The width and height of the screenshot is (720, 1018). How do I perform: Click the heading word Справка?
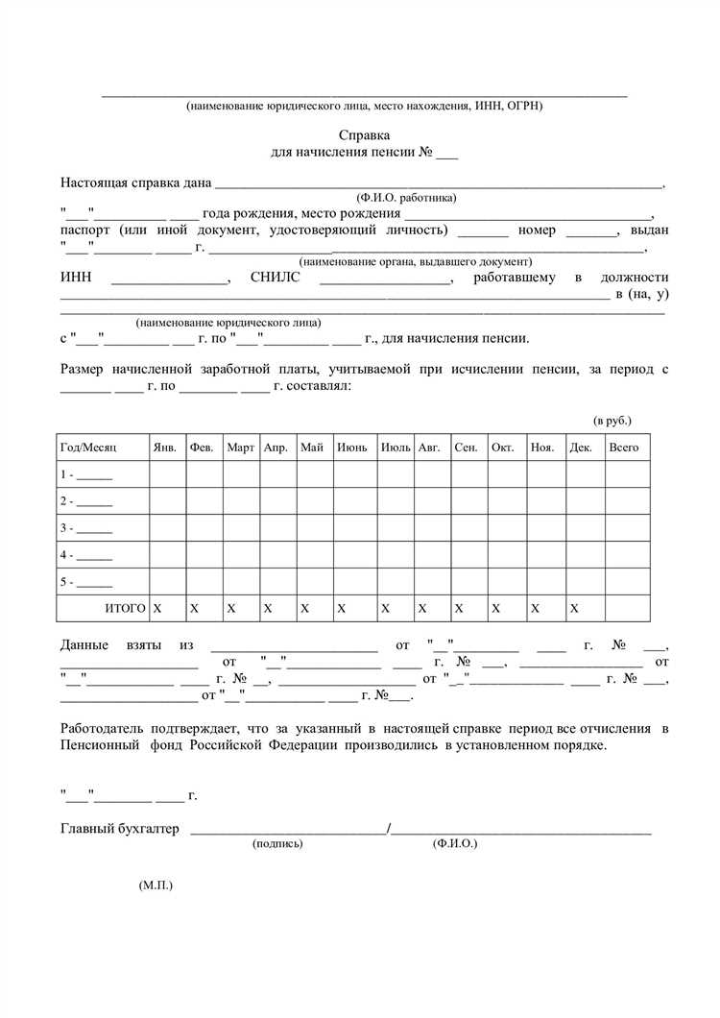pos(364,136)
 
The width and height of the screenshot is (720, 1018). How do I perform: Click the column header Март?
pos(240,448)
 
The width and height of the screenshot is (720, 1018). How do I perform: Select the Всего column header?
pos(623,448)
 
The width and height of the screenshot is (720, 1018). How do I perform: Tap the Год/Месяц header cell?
pos(87,448)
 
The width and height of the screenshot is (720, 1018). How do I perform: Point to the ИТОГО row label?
pos(125,609)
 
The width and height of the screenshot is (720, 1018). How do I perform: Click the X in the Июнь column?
pos(342,609)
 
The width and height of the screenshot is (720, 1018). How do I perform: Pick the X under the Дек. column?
pos(574,609)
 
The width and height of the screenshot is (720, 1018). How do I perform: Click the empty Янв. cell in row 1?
pos(167,474)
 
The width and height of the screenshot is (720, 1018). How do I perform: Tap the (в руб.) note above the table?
pos(612,421)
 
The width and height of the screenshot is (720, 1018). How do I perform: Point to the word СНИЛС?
pos(276,278)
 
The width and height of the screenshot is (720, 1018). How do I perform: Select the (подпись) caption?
pos(277,843)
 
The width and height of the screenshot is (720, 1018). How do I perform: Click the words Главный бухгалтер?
pos(119,829)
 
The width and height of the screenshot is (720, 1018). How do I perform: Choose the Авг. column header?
pos(428,448)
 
